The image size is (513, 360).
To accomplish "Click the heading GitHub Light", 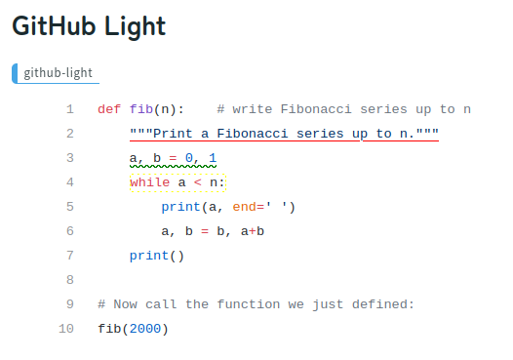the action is coord(89,27).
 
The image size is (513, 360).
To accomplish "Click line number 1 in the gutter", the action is coord(69,109).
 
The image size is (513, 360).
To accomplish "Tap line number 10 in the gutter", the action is coord(65,329).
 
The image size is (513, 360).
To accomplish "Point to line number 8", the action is coord(69,280).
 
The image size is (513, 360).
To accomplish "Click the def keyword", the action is coord(109,109).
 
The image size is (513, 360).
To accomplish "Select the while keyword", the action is coord(149,182).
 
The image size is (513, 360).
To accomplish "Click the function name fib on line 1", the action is coord(141,109).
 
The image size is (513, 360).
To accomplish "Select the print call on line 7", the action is coord(149,256).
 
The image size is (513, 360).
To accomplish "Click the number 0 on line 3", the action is coord(189,158).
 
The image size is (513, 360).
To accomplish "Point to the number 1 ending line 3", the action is coord(213,158).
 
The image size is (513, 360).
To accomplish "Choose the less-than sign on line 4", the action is coord(197,182).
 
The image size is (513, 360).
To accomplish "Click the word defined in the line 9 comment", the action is coord(387,304).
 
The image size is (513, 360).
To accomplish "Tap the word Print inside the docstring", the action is coord(173,134).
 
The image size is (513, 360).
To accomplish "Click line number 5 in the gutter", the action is coord(69,207).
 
